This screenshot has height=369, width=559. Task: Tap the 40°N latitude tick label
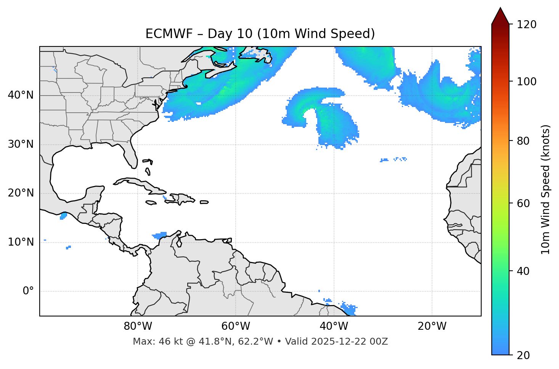click(x=21, y=95)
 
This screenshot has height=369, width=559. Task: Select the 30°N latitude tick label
click(x=21, y=144)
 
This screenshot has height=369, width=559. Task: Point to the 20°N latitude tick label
click(x=21, y=193)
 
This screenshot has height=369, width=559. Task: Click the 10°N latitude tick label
click(x=21, y=242)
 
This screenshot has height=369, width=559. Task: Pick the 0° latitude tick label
click(x=28, y=291)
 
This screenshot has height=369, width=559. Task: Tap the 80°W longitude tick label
click(x=138, y=326)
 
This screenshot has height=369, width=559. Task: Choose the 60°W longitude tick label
click(x=236, y=326)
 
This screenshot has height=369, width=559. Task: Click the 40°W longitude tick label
click(x=334, y=326)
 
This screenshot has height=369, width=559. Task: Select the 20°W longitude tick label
click(x=432, y=326)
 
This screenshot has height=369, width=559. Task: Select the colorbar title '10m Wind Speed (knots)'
click(x=546, y=189)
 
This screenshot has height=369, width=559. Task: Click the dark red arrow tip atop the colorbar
click(x=500, y=15)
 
